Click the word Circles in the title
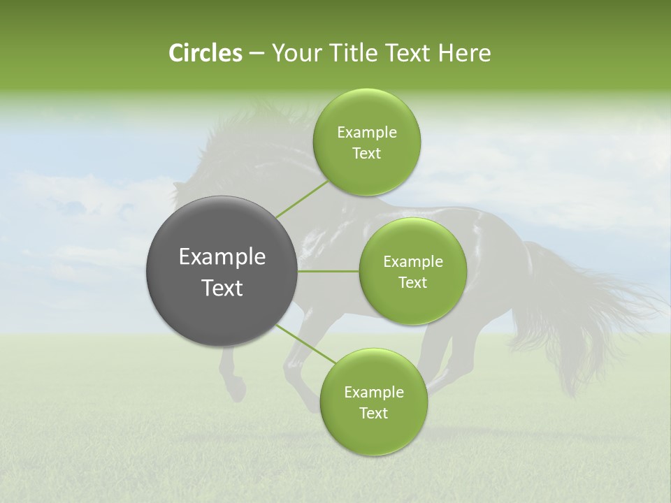pos(205,53)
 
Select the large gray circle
pos(222,271)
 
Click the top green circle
pos(367,142)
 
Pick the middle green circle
pos(412,271)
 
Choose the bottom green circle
pos(373,402)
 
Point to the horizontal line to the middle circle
pos(328,271)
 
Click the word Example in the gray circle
pos(222,257)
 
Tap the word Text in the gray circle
pos(222,288)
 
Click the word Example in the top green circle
pos(367,133)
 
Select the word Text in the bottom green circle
pos(373,414)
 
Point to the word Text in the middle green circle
pos(412,283)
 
